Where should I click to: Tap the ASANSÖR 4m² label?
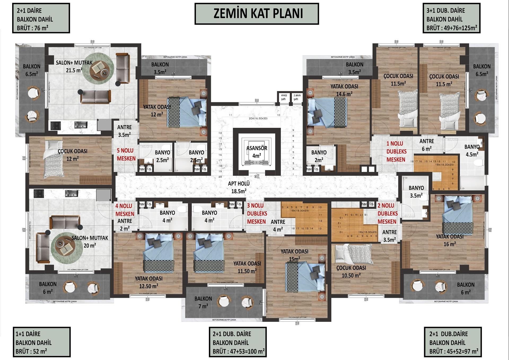click(257, 152)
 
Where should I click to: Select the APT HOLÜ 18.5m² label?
click(239, 187)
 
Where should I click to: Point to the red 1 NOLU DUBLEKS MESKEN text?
click(396, 152)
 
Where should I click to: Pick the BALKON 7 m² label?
click(203, 302)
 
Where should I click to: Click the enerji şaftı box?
click(284, 97)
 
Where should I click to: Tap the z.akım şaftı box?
click(297, 97)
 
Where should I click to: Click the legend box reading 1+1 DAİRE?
click(41, 342)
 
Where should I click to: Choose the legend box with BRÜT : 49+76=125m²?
click(451, 18)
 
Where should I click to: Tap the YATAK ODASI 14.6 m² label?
click(344, 90)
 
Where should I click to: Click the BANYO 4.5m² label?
click(472, 150)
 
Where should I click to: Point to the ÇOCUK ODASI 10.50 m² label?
click(351, 271)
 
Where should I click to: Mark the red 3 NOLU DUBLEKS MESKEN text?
click(257, 213)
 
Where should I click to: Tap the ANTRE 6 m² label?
click(427, 145)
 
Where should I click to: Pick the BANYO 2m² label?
click(319, 156)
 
